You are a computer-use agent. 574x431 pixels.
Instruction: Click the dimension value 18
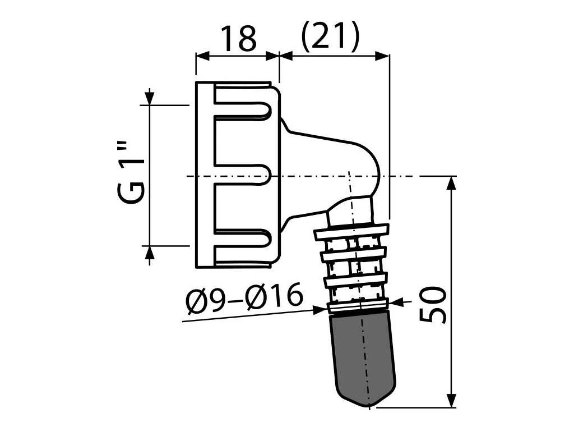click(238, 38)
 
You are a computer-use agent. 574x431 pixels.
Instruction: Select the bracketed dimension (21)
click(329, 38)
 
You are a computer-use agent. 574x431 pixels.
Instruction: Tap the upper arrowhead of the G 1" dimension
click(150, 99)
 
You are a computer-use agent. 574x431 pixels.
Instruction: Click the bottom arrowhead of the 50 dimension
click(451, 400)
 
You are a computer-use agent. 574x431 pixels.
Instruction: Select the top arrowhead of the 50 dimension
click(451, 182)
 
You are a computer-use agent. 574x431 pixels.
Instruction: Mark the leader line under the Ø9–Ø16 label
click(252, 314)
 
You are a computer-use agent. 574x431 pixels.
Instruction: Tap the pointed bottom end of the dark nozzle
click(369, 403)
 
